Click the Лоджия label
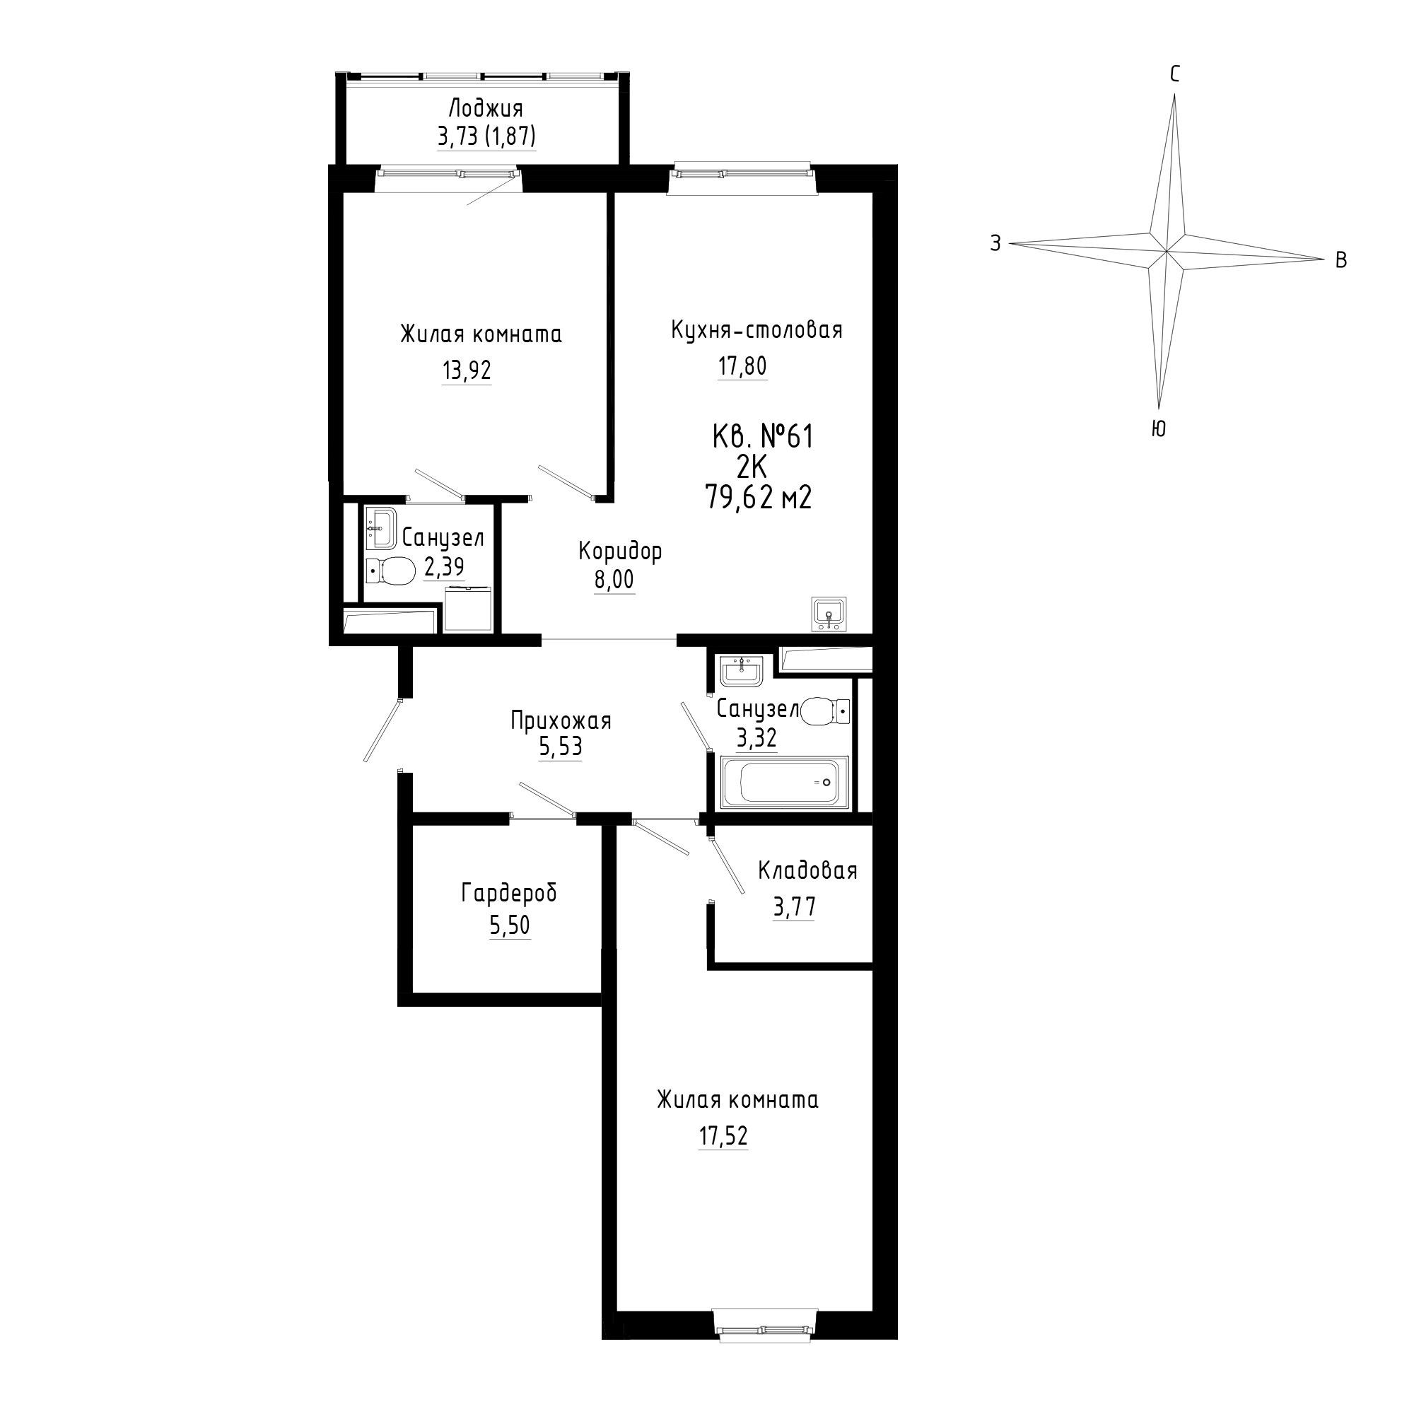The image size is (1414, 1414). [486, 110]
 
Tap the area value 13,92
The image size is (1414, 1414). [466, 371]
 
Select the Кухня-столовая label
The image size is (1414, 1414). [756, 330]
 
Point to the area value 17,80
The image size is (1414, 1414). [742, 366]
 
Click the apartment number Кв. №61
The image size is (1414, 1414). [763, 438]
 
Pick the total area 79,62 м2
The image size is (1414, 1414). [758, 498]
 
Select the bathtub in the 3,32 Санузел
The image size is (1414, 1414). [784, 783]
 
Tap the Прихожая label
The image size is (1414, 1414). [561, 722]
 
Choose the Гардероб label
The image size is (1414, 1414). [509, 894]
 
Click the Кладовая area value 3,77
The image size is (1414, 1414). [794, 908]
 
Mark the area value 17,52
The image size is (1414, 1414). [723, 1136]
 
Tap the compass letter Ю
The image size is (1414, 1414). [1159, 429]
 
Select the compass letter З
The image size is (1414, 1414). [995, 244]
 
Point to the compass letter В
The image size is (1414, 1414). [1340, 259]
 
